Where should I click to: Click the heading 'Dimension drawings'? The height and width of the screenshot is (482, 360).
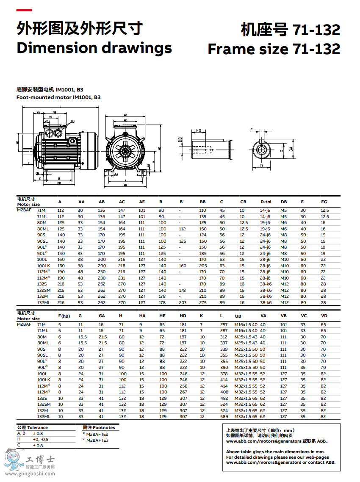(x=94, y=48)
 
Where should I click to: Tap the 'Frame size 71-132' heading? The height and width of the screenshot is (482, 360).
(x=274, y=49)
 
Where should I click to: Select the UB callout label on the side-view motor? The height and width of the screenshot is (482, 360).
(x=72, y=121)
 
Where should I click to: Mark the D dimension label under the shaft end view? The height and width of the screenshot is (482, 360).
(x=262, y=166)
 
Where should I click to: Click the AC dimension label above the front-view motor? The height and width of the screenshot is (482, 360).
(x=125, y=115)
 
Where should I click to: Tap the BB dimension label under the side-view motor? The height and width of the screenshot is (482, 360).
(x=59, y=183)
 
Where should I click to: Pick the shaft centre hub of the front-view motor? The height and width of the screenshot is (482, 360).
(x=125, y=150)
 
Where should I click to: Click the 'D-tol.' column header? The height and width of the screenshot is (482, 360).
(x=266, y=202)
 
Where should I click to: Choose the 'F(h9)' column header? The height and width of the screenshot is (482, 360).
(x=64, y=316)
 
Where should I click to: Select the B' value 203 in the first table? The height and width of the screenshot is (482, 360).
(x=183, y=302)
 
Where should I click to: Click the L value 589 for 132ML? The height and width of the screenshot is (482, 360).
(x=224, y=417)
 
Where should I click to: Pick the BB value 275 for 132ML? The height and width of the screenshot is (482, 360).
(x=203, y=302)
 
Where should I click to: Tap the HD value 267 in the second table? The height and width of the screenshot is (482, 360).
(x=183, y=392)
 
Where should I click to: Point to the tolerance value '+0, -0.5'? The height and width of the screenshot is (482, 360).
(x=41, y=439)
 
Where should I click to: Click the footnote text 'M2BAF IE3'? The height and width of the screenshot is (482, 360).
(x=97, y=440)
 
